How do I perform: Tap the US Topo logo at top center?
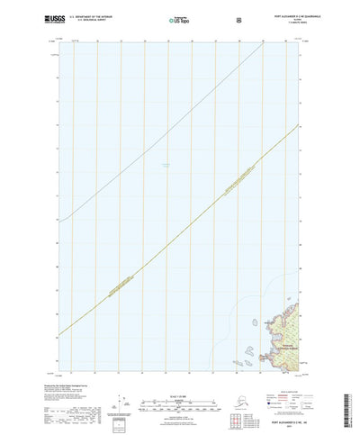pos(179,19)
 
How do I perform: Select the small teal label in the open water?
pos(165,163)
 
